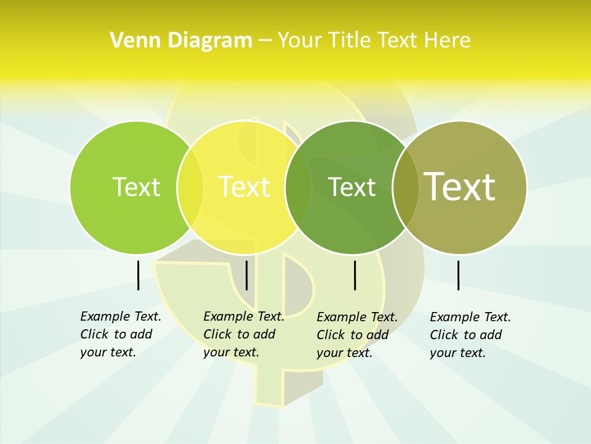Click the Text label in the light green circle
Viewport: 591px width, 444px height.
136,187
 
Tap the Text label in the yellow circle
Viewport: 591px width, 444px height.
244,187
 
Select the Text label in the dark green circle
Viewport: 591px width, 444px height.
352,187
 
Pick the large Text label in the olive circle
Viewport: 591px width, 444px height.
459,186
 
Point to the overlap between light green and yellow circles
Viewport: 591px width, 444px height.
190,187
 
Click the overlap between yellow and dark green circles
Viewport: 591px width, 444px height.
298,187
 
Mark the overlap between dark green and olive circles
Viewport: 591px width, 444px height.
406,187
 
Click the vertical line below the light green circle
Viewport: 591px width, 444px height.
138,275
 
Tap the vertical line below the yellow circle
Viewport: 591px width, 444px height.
246,275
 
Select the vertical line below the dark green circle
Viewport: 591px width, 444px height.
355,275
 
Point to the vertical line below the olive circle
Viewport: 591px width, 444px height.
459,275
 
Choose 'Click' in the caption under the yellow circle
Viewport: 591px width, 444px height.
217,334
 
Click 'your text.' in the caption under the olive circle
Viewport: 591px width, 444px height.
457,353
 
